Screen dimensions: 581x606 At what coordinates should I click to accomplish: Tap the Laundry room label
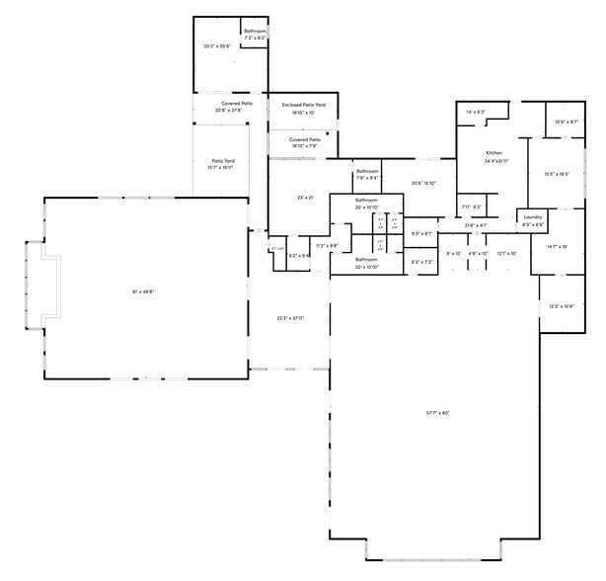coord(533,216)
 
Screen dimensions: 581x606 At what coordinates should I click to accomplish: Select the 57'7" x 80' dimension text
coord(437,412)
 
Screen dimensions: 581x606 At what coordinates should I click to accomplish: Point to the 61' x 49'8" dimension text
coord(143,291)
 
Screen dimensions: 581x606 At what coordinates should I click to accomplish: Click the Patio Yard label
coord(223,161)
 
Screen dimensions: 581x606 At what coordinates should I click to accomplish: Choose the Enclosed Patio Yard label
coord(303,105)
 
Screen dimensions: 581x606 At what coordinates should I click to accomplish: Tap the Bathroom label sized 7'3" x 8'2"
coord(256,32)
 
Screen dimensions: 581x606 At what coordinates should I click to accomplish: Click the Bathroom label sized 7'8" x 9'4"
coord(368,171)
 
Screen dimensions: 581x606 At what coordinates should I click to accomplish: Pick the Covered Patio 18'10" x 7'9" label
coord(304,140)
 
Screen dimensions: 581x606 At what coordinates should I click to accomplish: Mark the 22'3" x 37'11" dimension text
coord(289,318)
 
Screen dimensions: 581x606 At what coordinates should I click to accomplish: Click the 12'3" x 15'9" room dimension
coord(561,306)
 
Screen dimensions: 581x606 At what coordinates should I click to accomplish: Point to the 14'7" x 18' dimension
coord(558,246)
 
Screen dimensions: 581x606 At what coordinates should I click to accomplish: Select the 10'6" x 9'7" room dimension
coord(567,122)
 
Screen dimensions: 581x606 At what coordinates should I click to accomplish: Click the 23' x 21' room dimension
coord(305,198)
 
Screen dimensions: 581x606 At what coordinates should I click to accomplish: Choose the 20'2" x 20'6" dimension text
coord(216,46)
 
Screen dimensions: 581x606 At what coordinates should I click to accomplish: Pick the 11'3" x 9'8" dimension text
coord(327,245)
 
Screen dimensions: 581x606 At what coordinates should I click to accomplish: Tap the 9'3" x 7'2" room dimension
coord(420,262)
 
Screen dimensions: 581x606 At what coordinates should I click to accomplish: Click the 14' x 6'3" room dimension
coord(476,112)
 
